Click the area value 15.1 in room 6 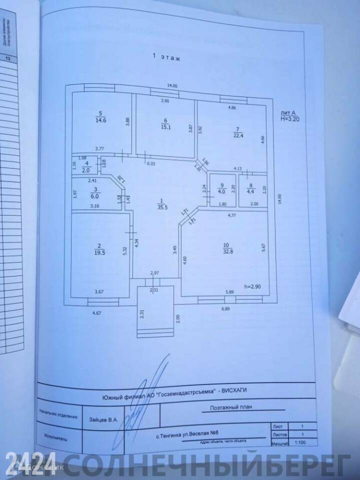pyautogui.click(x=165, y=127)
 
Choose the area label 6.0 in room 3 pyautogui.click(x=94, y=196)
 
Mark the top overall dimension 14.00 pyautogui.click(x=172, y=86)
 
